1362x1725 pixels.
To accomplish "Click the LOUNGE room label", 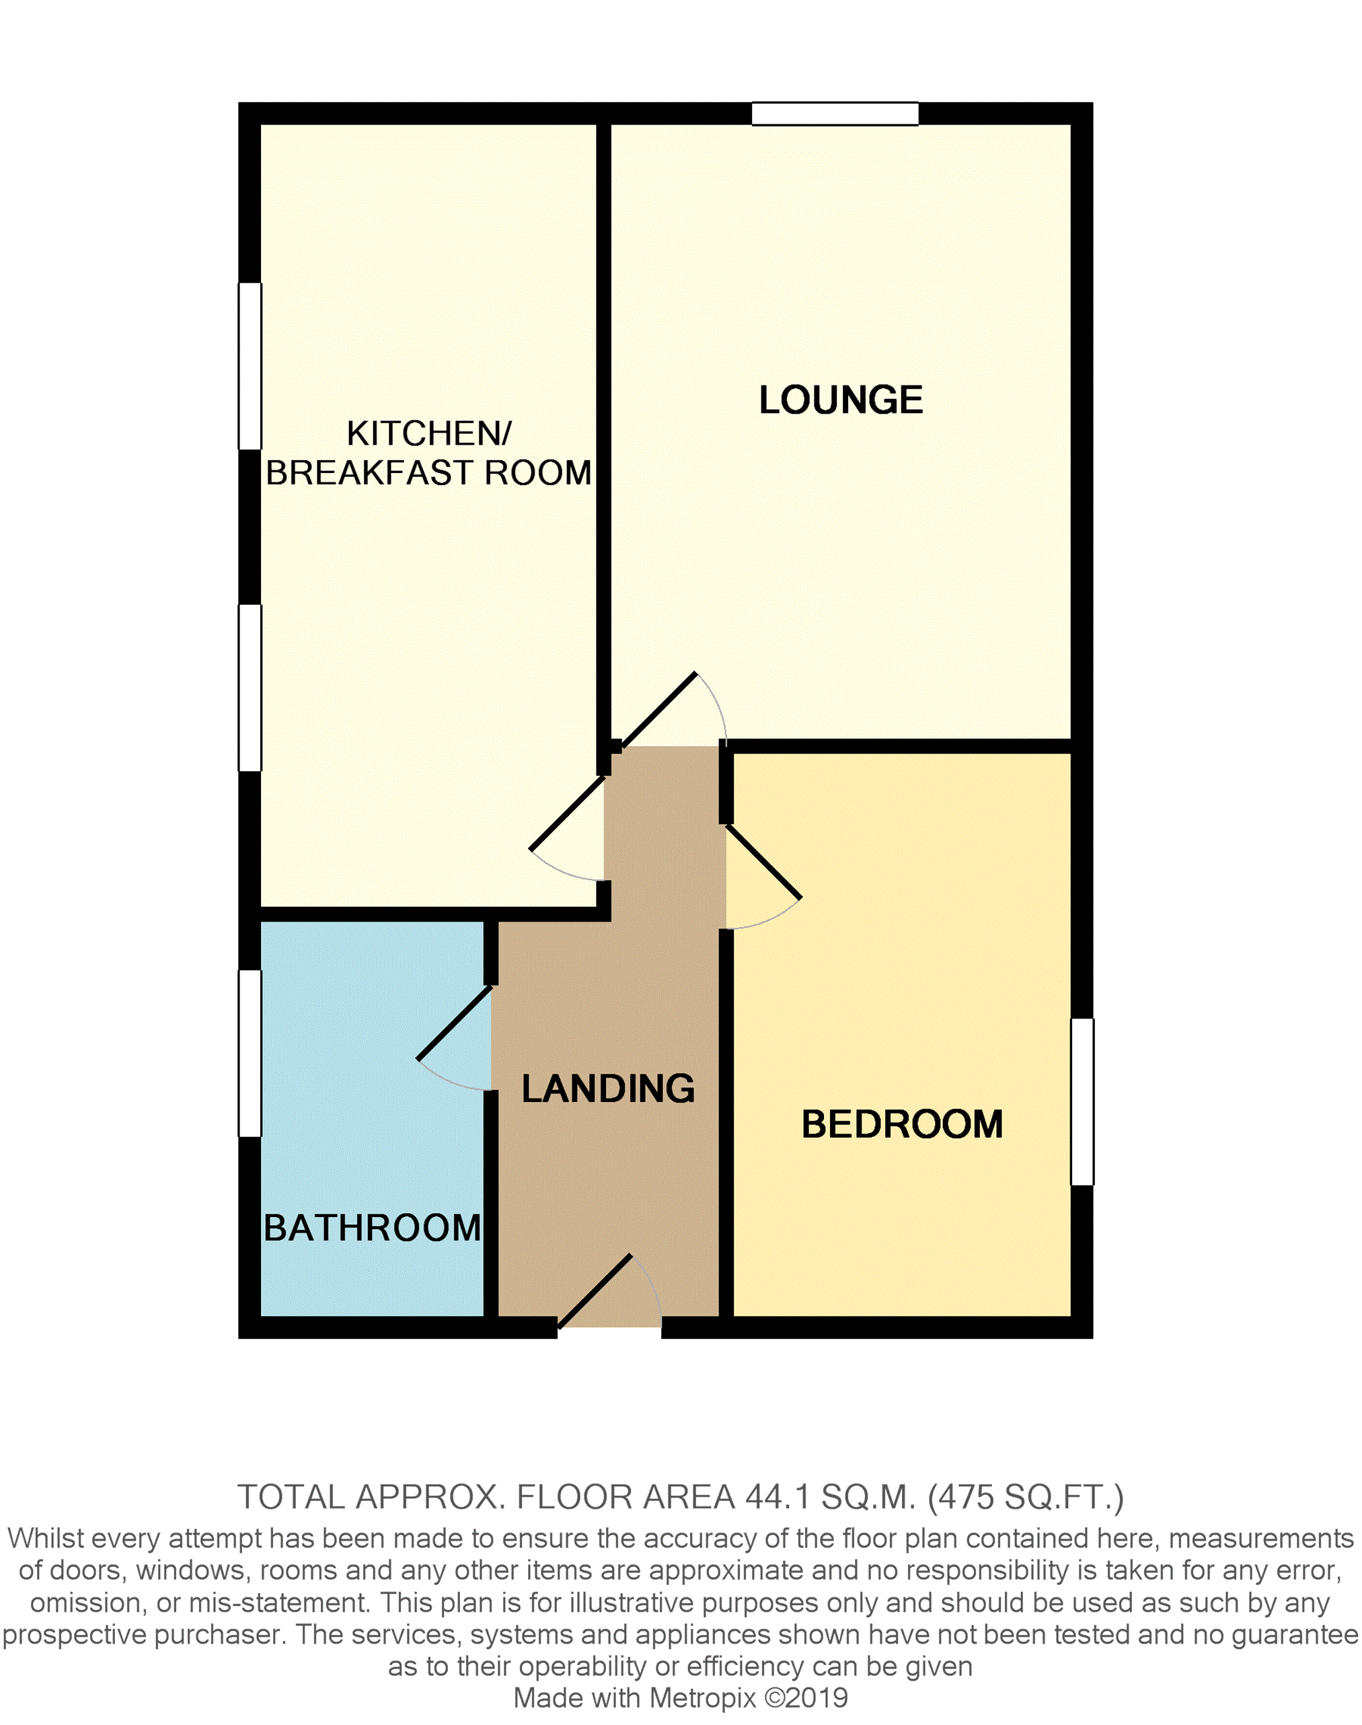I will click(841, 400).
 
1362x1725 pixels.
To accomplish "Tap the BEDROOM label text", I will click(902, 1124).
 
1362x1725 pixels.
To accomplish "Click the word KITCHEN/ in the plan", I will click(429, 434).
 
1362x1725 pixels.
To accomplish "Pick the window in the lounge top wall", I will click(835, 114).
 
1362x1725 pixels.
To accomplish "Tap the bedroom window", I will click(1082, 1101).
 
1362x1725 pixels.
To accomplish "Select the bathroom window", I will click(250, 1053).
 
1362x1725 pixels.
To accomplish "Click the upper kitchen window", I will click(250, 366).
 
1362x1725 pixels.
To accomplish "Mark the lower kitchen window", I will click(250, 688).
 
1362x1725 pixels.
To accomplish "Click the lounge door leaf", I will click(658, 710).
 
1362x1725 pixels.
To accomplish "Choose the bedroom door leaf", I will click(763, 862).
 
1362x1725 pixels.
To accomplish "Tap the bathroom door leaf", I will click(454, 1023).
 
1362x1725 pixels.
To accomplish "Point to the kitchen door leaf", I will click(567, 813).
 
